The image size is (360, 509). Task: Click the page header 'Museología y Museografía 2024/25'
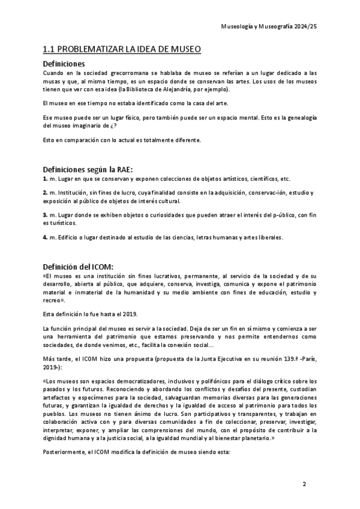coord(268,27)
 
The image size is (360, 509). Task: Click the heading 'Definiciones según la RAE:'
coord(88,169)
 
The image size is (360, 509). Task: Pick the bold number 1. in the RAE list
coord(45,179)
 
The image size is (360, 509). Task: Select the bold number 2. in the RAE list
coord(45,192)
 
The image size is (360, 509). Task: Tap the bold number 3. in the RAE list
coord(45,214)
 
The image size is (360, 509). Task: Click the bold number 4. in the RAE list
coord(45,236)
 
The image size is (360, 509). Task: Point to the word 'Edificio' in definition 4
coord(66,236)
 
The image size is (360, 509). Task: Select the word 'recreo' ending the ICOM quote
coord(53,300)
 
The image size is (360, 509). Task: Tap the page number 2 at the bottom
coord(304,484)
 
